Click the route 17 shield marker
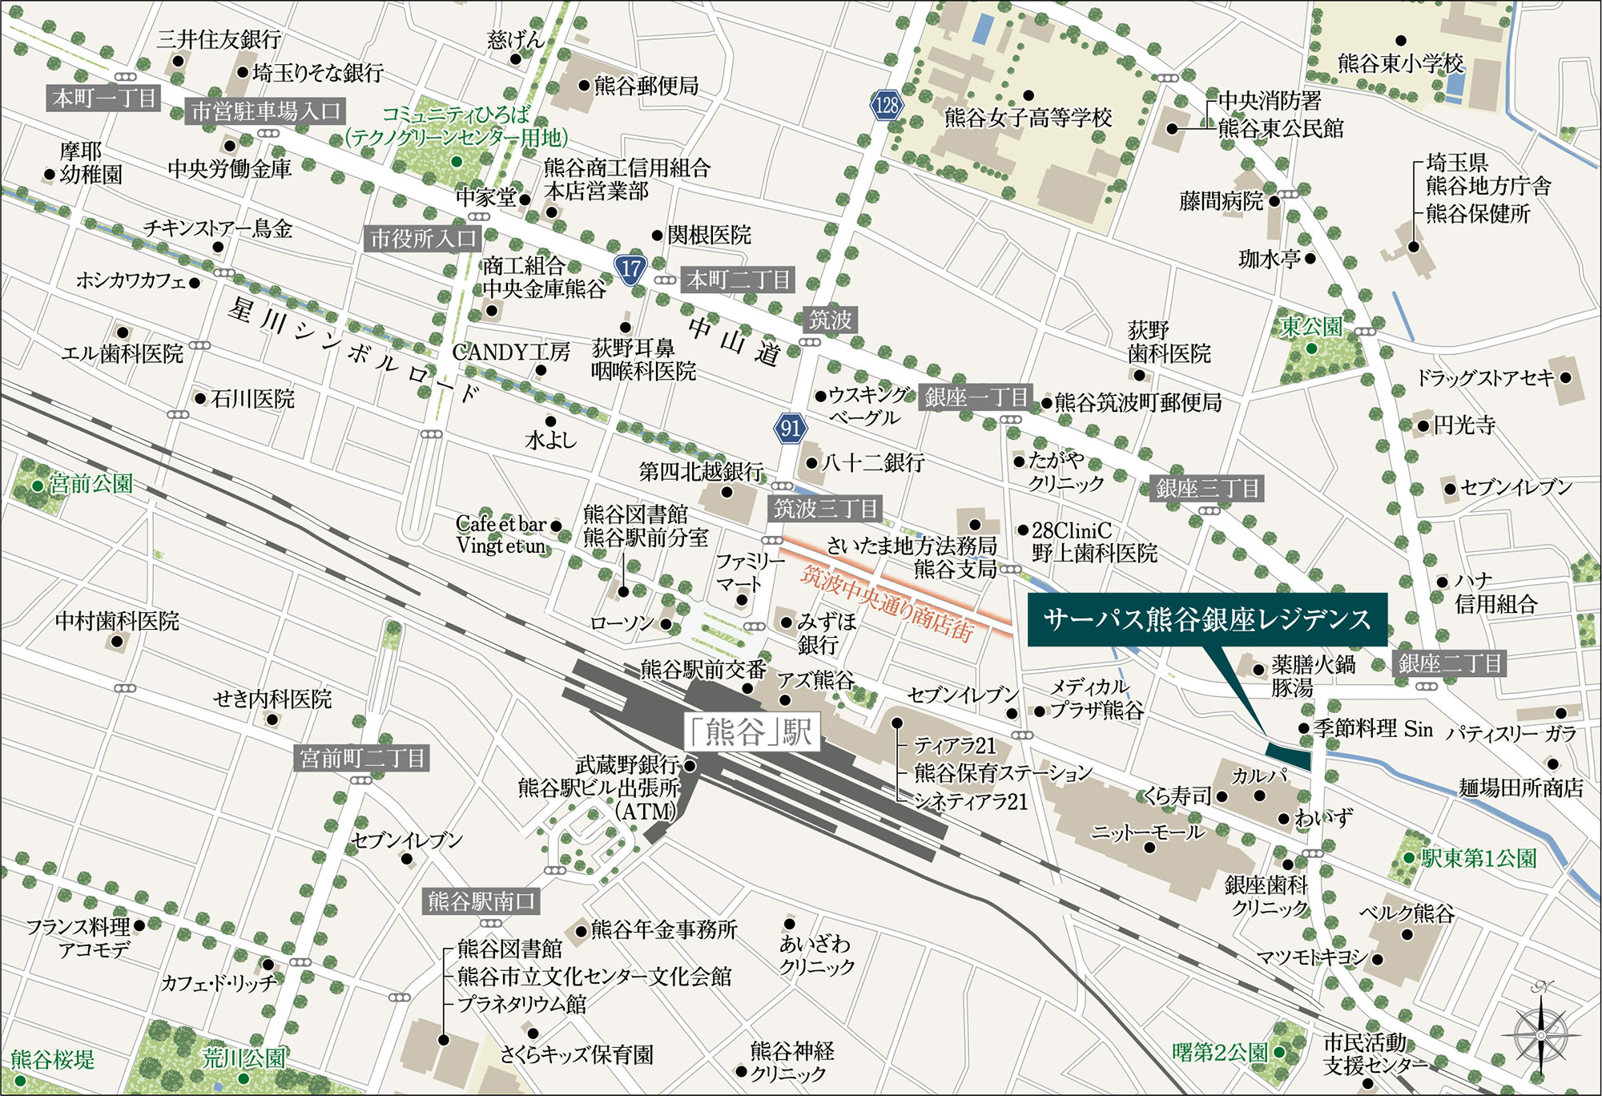click(631, 268)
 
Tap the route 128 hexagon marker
click(886, 105)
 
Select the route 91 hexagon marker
click(790, 428)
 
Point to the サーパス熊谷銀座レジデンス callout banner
click(1207, 619)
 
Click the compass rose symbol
click(1540, 1036)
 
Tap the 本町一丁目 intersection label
click(104, 99)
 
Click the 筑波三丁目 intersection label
click(825, 508)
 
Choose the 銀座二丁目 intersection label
click(1450, 663)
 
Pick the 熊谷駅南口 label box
click(481, 901)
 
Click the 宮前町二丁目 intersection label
click(363, 758)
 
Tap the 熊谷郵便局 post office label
click(646, 86)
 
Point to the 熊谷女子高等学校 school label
click(1028, 119)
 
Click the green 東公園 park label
click(1311, 327)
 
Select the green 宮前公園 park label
click(91, 484)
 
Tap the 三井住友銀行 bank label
click(219, 38)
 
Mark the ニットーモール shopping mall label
click(1148, 832)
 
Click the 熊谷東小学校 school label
click(1401, 62)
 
